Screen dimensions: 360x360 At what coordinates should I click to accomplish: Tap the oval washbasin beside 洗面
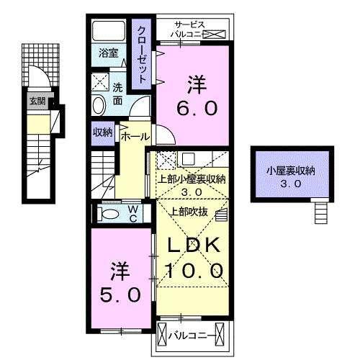(99, 106)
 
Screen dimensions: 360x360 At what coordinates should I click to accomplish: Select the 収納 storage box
(102, 132)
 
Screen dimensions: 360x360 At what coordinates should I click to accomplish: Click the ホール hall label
(135, 136)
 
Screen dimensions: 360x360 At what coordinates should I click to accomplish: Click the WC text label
(133, 214)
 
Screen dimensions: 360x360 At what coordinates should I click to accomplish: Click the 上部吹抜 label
(189, 211)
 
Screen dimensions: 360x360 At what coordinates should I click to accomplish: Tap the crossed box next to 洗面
(102, 81)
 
